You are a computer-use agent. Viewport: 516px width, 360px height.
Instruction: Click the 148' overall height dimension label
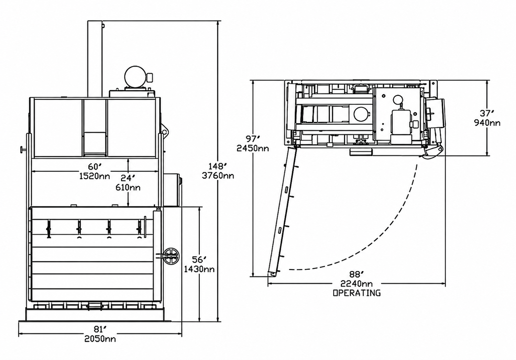tap(218, 166)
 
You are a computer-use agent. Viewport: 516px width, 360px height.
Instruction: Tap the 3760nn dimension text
tap(218, 176)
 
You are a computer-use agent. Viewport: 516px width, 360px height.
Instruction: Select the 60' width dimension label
tap(95, 167)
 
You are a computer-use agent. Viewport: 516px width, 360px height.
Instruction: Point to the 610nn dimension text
tap(128, 188)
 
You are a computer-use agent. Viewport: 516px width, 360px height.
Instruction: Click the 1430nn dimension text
tap(199, 269)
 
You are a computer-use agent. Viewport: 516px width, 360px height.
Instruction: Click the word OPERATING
tap(357, 293)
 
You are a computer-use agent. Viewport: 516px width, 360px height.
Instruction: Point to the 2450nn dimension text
tap(253, 148)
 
